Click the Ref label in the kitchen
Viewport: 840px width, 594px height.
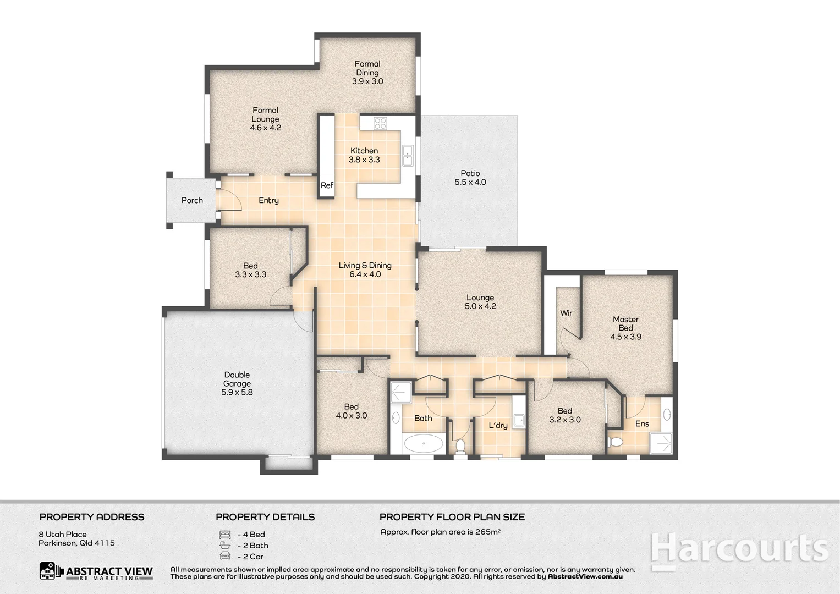point(327,185)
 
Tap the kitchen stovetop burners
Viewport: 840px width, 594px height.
point(380,123)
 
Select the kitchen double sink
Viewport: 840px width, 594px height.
point(408,156)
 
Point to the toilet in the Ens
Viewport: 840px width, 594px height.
point(616,442)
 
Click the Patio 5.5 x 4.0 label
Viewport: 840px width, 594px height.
point(470,178)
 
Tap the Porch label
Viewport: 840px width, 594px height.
point(192,200)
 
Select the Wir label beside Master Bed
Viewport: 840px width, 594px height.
point(566,313)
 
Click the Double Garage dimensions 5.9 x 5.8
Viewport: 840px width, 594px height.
point(237,393)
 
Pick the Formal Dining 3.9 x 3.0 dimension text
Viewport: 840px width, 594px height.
point(367,81)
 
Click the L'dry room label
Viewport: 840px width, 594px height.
point(498,425)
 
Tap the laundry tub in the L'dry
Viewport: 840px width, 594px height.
point(519,421)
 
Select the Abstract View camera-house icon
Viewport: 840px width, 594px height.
point(50,571)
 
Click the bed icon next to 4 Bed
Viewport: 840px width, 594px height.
point(224,534)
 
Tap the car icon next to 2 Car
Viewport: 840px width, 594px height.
point(224,556)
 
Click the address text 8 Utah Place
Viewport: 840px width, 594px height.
point(63,534)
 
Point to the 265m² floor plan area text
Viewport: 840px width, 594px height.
point(440,532)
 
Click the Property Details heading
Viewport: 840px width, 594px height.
point(265,517)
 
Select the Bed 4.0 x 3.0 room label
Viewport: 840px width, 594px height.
point(351,411)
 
